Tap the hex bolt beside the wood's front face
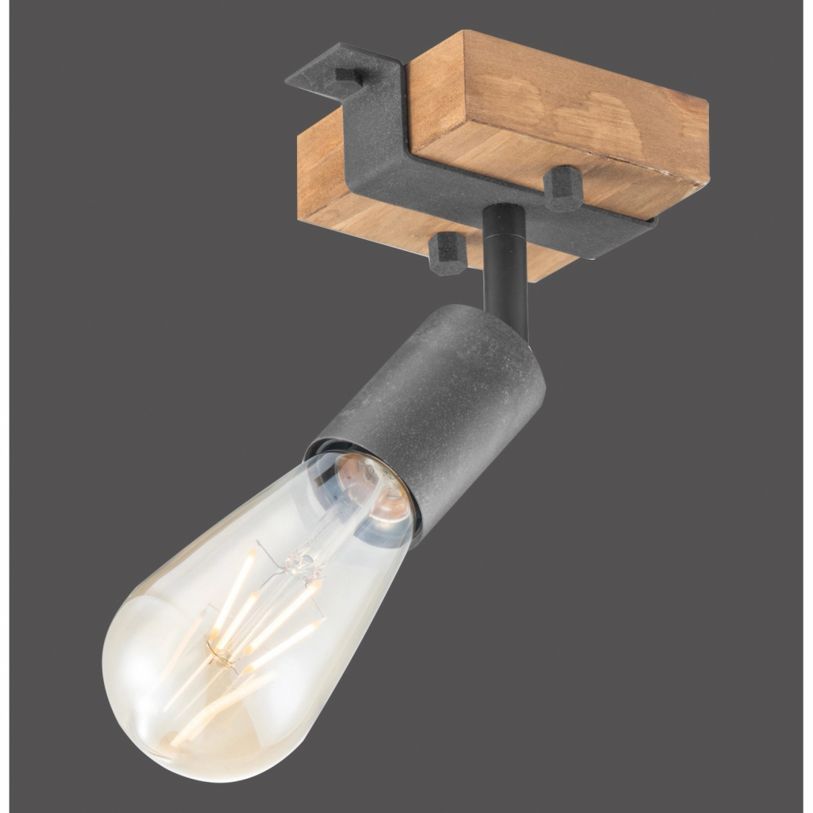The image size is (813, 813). (562, 187)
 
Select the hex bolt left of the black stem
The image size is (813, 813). (447, 252)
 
